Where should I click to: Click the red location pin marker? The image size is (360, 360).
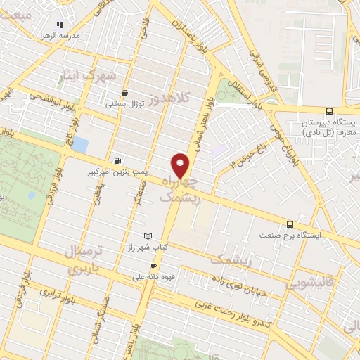coord(181,166)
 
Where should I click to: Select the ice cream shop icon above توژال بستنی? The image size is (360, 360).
coord(124,93)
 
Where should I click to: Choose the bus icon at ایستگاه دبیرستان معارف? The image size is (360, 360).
coord(330,111)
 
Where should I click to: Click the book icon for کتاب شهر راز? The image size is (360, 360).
coord(147,236)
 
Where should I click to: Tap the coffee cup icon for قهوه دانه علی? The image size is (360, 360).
coord(154,266)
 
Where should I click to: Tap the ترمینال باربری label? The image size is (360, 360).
coord(89,259)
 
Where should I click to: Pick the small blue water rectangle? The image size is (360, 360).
coord(81,146)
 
